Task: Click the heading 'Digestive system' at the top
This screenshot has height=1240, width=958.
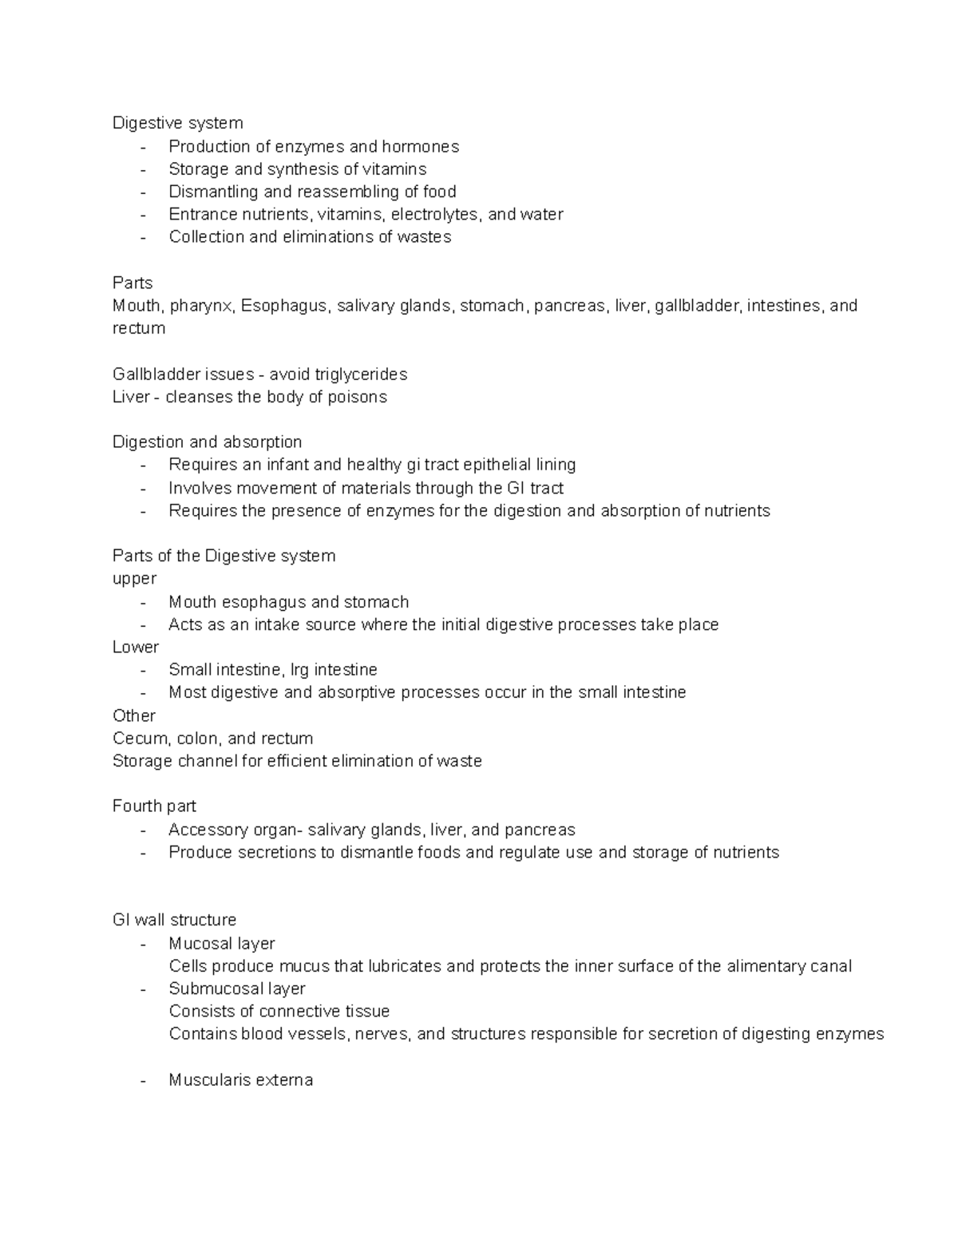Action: [x=177, y=123]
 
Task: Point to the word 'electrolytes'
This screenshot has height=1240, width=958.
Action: [x=436, y=214]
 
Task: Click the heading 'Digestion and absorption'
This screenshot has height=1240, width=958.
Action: [x=207, y=442]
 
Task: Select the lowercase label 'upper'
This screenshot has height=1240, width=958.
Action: [x=134, y=579]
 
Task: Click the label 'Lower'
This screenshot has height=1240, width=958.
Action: [x=136, y=647]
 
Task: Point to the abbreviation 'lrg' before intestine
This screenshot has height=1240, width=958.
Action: [x=299, y=670]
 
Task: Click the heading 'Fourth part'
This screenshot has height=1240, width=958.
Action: [x=154, y=806]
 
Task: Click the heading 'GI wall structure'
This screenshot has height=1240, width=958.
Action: [x=174, y=920]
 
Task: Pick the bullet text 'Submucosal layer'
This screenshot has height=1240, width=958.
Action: [x=237, y=988]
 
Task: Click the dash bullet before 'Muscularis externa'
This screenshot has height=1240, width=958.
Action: [x=143, y=1080]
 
